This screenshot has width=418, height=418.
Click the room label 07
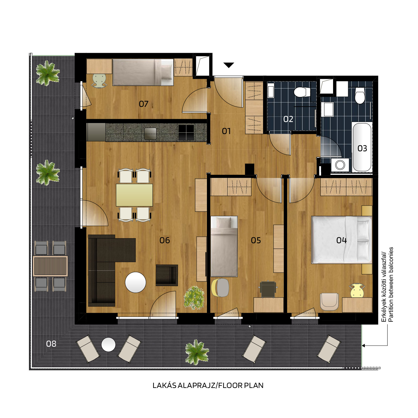pyautogui.click(x=143, y=104)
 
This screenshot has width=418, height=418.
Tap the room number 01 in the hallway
pyautogui.click(x=226, y=131)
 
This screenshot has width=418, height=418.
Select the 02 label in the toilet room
pyautogui.click(x=288, y=119)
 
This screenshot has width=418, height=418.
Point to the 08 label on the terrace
pyautogui.click(x=51, y=344)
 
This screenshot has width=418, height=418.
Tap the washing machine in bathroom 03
pyautogui.click(x=340, y=165)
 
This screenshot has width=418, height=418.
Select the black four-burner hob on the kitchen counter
pyautogui.click(x=186, y=132)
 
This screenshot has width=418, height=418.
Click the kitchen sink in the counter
pyautogui.click(x=150, y=133)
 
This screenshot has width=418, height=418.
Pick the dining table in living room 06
pyautogui.click(x=134, y=195)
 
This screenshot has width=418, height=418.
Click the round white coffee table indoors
pyautogui.click(x=135, y=282)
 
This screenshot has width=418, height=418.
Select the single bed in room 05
pyautogui.click(x=224, y=246)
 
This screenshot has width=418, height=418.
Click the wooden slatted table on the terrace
pyautogui.click(x=50, y=266)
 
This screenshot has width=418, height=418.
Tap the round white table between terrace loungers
pyautogui.click(x=108, y=345)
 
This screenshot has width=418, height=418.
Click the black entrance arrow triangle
pyautogui.click(x=229, y=65)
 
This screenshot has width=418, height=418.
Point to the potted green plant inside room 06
pyautogui.click(x=194, y=298)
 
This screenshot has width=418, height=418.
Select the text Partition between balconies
pyautogui.click(x=391, y=285)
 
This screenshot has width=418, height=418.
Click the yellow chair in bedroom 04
pyautogui.click(x=357, y=290)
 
